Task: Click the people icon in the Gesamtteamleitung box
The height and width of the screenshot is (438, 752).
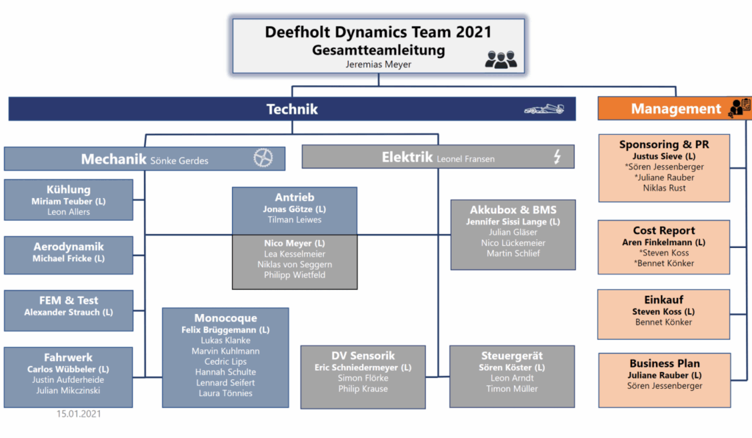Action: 501,59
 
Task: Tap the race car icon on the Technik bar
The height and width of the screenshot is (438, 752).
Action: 544,109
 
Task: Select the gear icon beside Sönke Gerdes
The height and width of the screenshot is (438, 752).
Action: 263,157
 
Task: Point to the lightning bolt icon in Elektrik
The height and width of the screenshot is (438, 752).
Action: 557,156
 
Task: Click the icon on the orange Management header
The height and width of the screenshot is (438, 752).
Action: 739,109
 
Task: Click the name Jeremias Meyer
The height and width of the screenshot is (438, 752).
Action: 378,65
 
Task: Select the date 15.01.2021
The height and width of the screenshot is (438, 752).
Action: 79,414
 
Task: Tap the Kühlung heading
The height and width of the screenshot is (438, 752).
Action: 68,189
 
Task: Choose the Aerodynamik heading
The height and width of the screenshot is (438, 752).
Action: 68,247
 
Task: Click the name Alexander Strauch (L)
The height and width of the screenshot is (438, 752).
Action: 68,312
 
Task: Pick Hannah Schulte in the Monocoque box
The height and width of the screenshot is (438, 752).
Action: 225,372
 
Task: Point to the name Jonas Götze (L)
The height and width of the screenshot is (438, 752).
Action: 294,209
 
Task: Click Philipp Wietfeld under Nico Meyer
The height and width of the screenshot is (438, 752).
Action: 294,275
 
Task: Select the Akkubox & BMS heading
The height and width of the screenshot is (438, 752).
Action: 513,209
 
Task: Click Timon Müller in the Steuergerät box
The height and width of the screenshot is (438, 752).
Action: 513,389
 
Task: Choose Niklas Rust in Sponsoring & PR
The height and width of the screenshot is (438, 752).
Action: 664,188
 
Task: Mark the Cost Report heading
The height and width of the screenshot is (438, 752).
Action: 664,230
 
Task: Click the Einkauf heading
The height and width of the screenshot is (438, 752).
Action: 664,299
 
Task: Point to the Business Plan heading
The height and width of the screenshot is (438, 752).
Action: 664,363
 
